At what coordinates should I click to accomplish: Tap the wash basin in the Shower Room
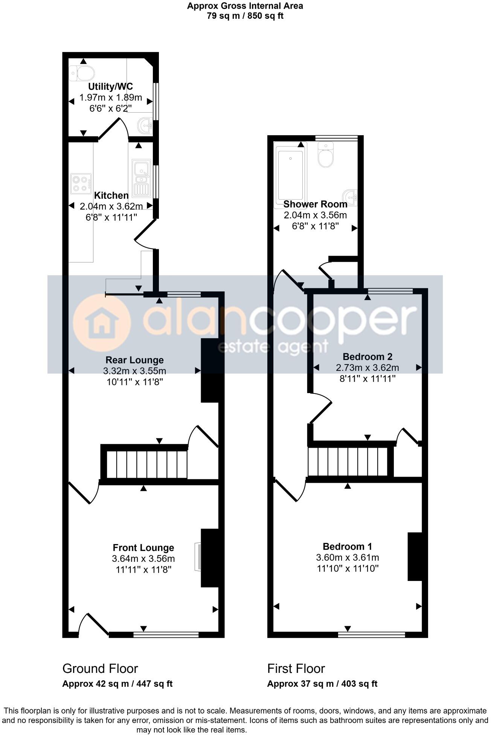click(x=350, y=197)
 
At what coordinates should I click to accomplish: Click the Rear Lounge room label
click(x=134, y=360)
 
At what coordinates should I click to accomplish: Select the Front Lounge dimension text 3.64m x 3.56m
click(x=143, y=559)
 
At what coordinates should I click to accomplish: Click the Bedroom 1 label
click(x=347, y=546)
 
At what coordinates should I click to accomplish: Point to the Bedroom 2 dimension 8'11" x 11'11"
click(x=367, y=378)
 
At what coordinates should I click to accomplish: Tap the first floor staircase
click(x=348, y=462)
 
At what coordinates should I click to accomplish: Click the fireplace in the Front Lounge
click(x=197, y=557)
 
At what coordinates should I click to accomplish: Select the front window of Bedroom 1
click(x=372, y=635)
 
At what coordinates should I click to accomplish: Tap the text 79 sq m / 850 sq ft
click(x=245, y=16)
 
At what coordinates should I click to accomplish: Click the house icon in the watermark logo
click(x=102, y=323)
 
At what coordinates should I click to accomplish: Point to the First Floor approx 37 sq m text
click(x=322, y=684)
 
